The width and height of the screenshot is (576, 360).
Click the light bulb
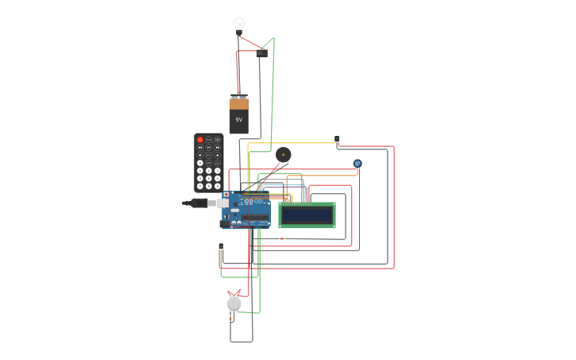tap(239, 25)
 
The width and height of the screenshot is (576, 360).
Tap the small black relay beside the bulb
tap(262, 53)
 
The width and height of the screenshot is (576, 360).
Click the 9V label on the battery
tap(239, 120)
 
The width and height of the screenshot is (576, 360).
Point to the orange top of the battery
tap(239, 103)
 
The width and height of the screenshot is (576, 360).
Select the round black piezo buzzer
tap(284, 154)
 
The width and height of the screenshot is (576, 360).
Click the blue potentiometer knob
tap(358, 164)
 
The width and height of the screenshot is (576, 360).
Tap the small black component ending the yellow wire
tap(337, 139)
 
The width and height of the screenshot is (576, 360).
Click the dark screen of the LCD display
tap(307, 215)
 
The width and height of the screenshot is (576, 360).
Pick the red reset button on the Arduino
tap(226, 195)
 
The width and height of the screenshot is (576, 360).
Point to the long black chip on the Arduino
tap(255, 217)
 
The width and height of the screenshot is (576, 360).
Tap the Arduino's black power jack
tap(225, 223)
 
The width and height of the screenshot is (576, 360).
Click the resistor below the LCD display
tap(282, 238)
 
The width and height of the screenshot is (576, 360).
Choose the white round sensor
tap(234, 304)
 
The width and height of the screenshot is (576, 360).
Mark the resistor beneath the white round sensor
tap(231, 319)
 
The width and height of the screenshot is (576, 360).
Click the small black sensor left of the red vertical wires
tap(221, 247)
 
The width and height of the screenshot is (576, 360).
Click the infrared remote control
tap(209, 162)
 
